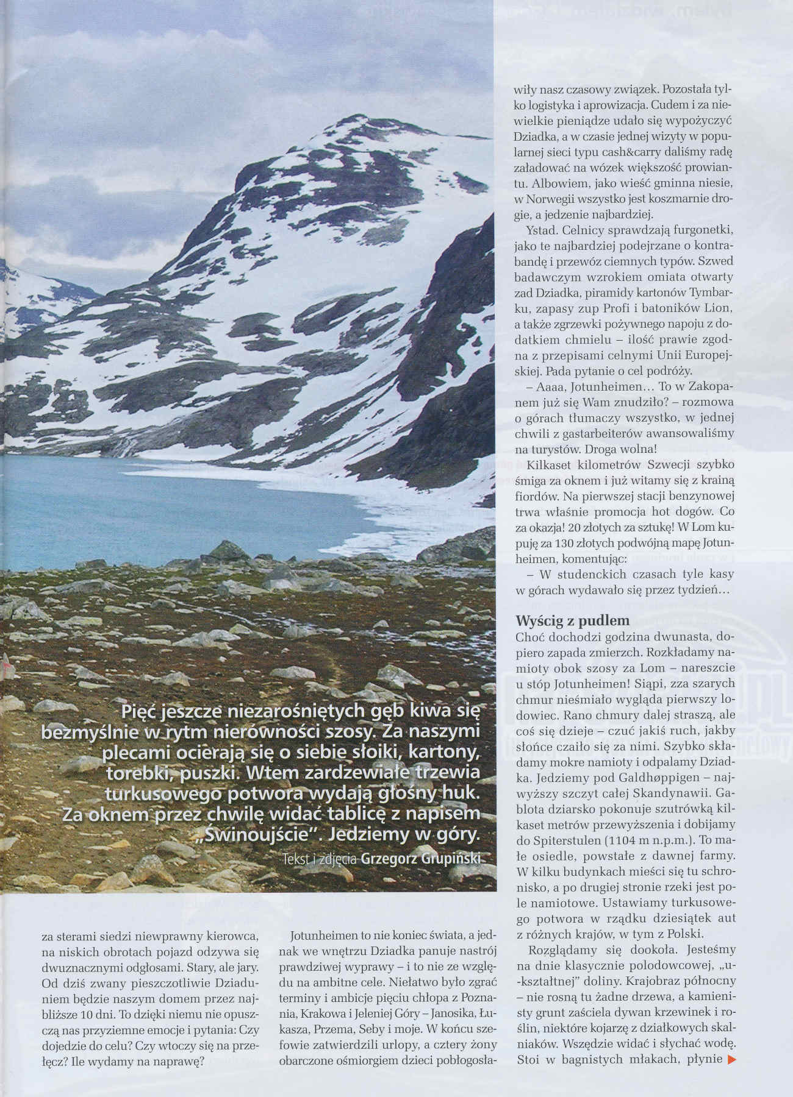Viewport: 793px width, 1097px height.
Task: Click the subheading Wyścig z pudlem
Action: tap(564, 621)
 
